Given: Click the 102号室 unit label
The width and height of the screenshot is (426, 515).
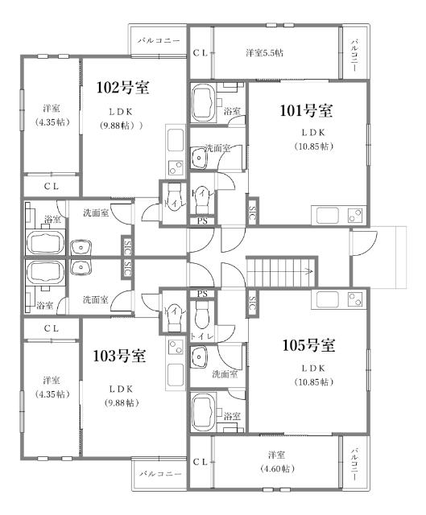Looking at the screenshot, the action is coord(122,88).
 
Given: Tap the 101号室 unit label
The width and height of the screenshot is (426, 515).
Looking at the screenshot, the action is coord(306,111).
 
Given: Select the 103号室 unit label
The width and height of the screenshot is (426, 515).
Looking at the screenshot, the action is coord(119,356).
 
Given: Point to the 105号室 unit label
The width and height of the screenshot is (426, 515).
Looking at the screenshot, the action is coord(308,345).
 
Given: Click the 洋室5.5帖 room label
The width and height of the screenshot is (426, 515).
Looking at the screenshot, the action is coord(265,53).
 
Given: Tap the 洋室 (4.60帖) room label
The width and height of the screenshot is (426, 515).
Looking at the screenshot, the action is coord(276,462).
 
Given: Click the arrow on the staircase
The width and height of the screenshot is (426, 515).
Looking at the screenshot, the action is coord(308,271).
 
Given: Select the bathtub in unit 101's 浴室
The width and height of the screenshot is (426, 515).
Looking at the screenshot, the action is coord(203,103).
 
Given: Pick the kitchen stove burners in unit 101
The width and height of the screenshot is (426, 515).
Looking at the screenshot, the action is coord(356,215).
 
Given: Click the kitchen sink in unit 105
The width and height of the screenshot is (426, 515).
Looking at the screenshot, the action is coord(327,299).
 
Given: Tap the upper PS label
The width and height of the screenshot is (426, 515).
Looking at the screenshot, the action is coord(202,221).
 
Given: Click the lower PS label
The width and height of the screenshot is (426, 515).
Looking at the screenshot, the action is coord(202,294).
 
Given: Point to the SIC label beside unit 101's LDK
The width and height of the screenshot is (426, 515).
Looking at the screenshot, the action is coord(252,212).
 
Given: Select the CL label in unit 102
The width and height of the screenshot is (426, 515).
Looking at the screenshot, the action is coord(52,187).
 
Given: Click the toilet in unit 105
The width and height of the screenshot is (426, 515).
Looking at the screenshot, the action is coord(201,315).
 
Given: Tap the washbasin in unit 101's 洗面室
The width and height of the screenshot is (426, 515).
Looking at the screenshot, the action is coord(199,158).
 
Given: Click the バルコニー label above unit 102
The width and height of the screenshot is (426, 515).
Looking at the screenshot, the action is coord(159,41).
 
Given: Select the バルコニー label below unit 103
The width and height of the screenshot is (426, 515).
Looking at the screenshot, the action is coord(160,474).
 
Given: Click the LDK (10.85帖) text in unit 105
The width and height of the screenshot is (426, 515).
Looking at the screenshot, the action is coord(314,375).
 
